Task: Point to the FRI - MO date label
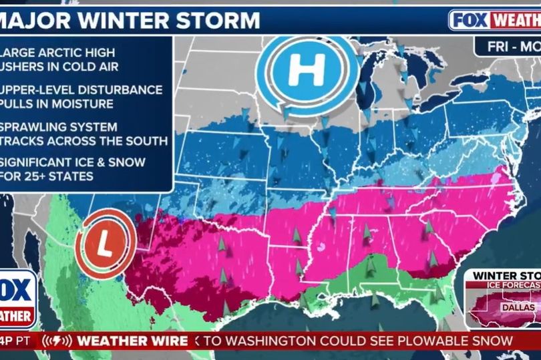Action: point(506,47)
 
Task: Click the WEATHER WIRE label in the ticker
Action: point(131,341)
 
